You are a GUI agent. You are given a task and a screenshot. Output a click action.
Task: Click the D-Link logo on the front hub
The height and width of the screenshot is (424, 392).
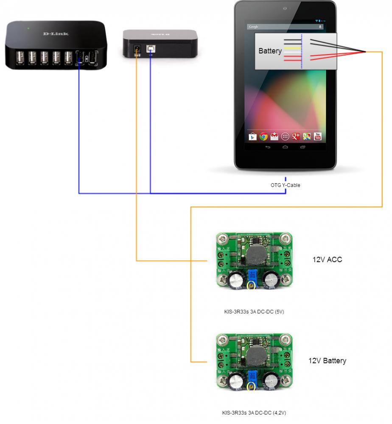56,33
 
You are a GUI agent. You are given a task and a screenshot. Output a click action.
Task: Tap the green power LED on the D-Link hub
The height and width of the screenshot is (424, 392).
28,28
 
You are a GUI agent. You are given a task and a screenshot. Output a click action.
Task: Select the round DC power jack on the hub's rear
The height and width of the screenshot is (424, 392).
137,48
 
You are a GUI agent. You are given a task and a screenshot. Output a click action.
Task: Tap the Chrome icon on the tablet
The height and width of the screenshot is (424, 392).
263,137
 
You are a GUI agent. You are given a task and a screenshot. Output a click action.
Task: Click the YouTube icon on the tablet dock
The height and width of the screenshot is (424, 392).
317,137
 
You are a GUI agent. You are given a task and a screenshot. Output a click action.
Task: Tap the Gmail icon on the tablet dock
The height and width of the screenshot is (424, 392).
274,137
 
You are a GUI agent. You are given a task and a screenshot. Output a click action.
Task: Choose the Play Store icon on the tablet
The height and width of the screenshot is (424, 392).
253,137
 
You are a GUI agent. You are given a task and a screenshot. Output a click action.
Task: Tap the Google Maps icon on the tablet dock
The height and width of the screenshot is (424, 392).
307,137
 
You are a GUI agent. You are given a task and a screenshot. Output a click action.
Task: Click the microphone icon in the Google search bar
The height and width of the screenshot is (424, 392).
320,27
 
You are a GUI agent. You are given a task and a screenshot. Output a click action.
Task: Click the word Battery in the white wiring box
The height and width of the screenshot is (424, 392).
270,51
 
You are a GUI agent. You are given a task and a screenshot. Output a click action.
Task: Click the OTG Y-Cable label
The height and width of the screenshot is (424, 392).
286,185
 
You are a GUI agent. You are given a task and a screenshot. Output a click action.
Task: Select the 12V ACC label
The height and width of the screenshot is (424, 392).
327,259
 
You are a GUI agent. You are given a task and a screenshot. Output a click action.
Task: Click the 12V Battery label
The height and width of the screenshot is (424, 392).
327,361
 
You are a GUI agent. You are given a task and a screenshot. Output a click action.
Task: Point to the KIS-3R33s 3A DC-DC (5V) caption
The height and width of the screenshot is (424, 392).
254,312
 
